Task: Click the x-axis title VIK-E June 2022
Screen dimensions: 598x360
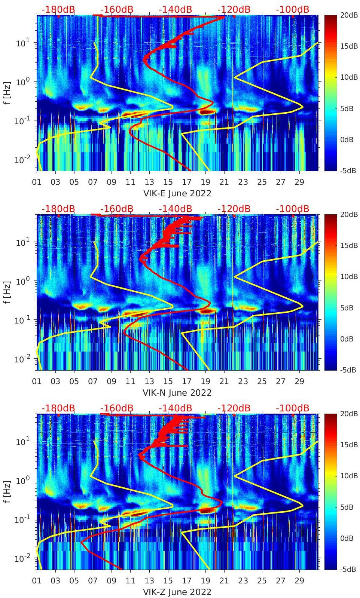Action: pos(177,193)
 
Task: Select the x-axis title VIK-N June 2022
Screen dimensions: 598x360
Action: pos(177,393)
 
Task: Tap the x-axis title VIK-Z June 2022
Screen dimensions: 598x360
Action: pos(177,592)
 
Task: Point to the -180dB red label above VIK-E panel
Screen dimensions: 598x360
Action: pos(58,9)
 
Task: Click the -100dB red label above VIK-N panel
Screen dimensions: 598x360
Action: pos(293,209)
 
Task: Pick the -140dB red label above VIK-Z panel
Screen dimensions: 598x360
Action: pos(175,408)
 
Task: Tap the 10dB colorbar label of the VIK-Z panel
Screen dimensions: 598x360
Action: pos(348,476)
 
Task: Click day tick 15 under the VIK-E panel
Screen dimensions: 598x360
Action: pos(168,182)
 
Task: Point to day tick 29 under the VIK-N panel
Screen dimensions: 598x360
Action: pos(299,381)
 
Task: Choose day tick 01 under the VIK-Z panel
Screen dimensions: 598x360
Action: pos(37,581)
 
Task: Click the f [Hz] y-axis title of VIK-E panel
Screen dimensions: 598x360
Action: pos(7,93)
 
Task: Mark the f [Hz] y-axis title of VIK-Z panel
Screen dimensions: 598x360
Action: pos(7,491)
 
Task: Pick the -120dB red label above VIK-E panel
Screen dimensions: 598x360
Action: pos(234,9)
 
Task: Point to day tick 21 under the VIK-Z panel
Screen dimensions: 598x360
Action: pos(224,581)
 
